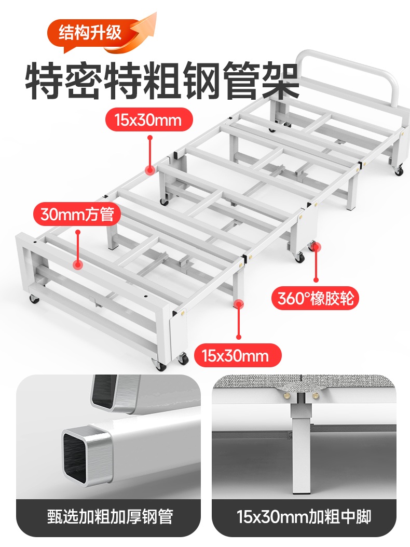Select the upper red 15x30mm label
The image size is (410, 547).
(149, 119)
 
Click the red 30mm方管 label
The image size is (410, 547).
(77, 214)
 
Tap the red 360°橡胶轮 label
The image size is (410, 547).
(316, 298)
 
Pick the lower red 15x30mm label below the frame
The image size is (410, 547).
(238, 355)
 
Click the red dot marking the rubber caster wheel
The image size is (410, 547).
(316, 247)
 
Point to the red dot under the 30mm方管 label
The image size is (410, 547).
(78, 264)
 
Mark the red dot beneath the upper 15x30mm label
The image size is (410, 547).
(151, 170)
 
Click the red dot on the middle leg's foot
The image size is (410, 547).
(238, 304)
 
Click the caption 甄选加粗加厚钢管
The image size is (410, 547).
(110, 517)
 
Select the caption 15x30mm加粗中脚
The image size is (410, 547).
(304, 517)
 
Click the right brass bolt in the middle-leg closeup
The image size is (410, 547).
(316, 395)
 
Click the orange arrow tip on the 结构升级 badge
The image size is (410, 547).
(155, 14)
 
